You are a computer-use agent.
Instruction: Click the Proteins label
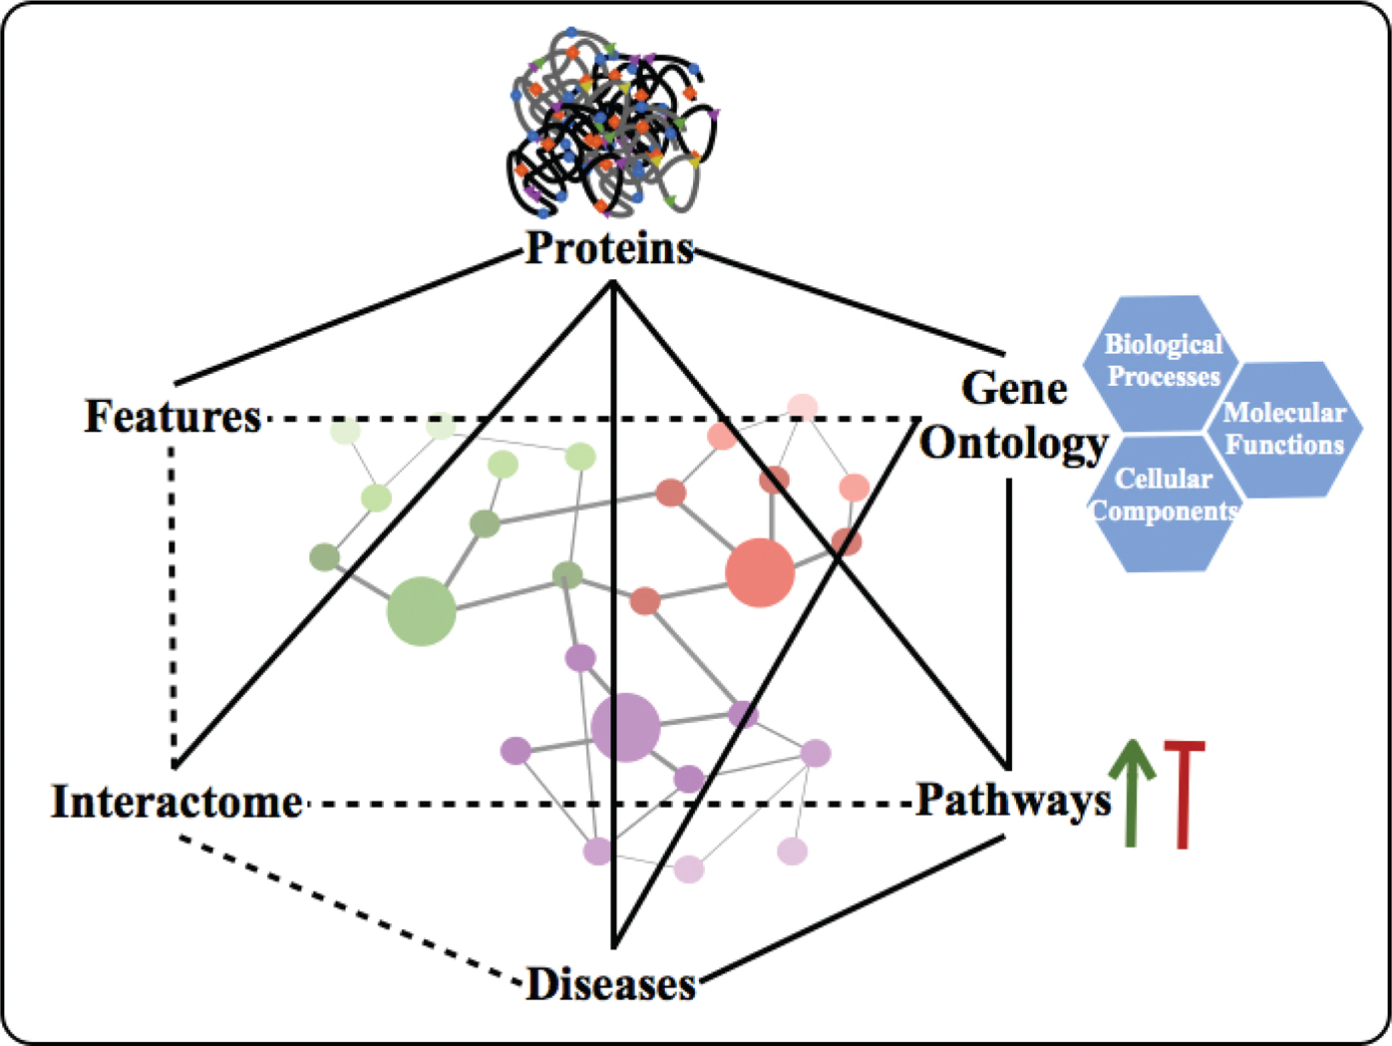609,248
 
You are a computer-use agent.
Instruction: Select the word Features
173,417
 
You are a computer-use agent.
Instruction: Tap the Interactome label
177,802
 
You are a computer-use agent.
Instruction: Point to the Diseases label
610,984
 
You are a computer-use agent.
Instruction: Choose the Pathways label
1013,800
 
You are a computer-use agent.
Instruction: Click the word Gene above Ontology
1014,388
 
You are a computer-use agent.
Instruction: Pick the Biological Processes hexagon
1162,361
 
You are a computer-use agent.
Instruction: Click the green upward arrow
1132,793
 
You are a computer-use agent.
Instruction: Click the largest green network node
422,611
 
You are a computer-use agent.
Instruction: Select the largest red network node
760,572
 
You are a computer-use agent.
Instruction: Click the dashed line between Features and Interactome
173,598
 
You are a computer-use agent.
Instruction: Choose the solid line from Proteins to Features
344,318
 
